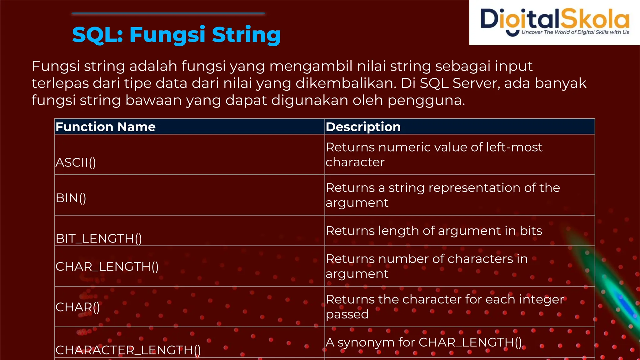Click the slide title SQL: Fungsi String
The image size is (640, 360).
pos(176,34)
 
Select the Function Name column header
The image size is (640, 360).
pos(106,127)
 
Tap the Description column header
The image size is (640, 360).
pos(363,127)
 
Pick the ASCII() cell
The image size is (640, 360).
pos(76,162)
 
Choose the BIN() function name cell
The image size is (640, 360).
pos(71,198)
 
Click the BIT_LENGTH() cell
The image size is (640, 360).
pos(99,238)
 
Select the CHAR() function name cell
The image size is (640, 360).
pos(78,307)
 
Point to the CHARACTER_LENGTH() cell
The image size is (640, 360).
pos(128,350)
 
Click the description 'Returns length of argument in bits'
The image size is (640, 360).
pos(434,231)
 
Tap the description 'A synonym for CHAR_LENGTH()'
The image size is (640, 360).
pos(423,342)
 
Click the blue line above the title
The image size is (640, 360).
pos(168,13)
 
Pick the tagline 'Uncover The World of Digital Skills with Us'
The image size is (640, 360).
pos(575,32)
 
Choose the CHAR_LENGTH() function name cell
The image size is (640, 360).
pos(107,267)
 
